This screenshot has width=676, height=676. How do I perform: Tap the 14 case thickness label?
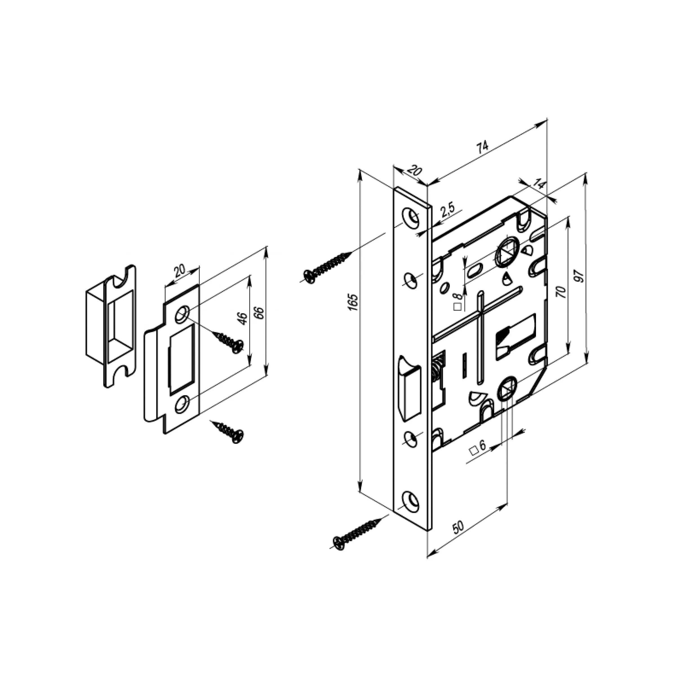tap(539, 184)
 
